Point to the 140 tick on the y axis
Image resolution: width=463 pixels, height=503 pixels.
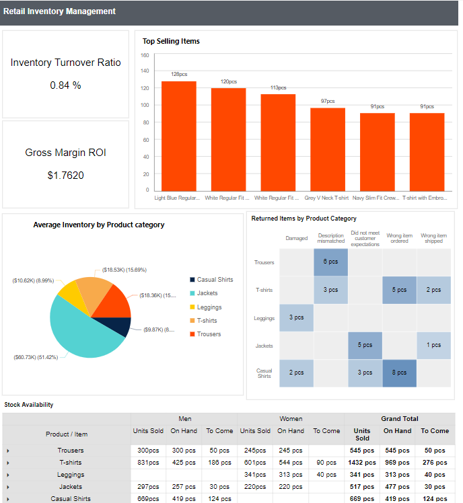click(145, 71)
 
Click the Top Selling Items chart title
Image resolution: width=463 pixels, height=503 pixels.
click(171, 41)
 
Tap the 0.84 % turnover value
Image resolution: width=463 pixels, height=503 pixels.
click(65, 85)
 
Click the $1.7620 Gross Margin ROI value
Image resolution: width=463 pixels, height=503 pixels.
click(65, 176)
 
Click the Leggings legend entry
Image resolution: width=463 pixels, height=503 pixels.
click(209, 307)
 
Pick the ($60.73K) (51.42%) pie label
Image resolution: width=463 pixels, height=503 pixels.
click(37, 357)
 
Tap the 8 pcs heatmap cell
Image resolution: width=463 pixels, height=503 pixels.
click(399, 373)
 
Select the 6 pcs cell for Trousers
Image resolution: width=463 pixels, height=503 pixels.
click(330, 262)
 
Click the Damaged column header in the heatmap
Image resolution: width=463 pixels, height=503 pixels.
click(296, 238)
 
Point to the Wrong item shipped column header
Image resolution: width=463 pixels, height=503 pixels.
click(433, 238)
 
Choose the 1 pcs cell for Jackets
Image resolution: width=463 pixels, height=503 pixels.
click(433, 345)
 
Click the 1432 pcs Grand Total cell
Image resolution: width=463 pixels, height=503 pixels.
click(362, 463)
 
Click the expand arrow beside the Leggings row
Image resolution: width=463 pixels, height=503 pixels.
click(7, 475)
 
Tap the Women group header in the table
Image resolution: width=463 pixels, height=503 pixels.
click(291, 419)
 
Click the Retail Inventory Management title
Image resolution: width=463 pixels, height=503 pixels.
click(59, 11)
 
